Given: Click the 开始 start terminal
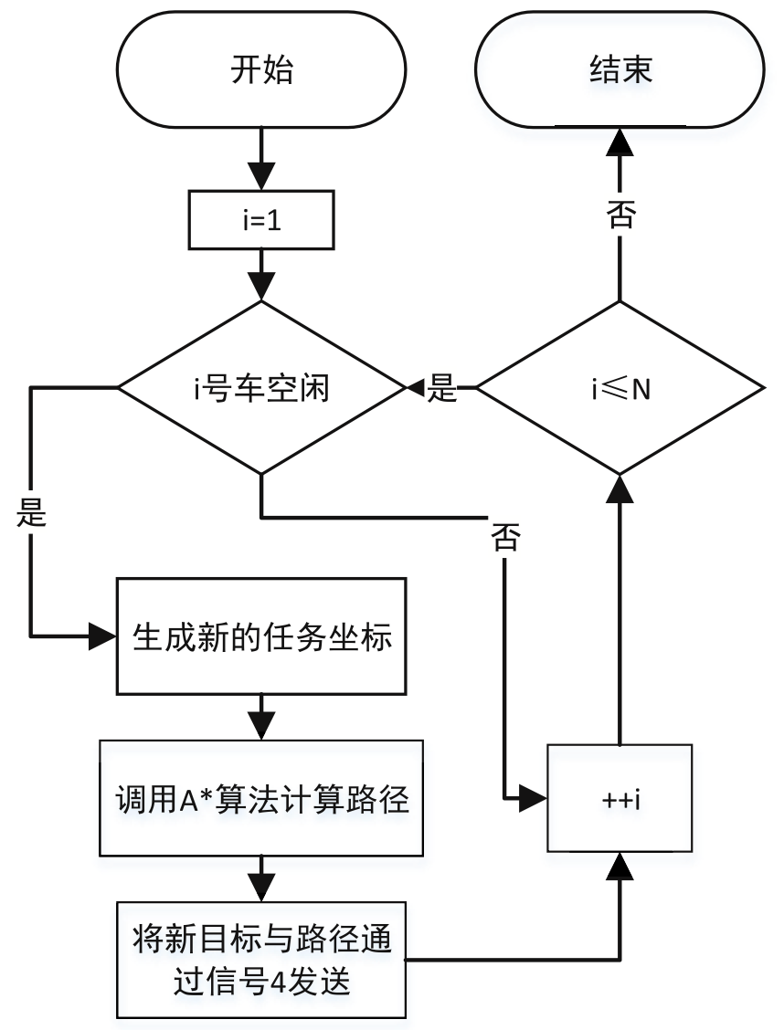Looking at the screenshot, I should (x=261, y=72).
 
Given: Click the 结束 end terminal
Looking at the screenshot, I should (x=620, y=72).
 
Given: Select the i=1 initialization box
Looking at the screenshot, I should (x=261, y=220).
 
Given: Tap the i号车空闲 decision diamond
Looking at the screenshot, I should (x=261, y=389).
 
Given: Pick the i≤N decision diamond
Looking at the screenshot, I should (x=620, y=389).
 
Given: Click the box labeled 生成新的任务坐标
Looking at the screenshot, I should (x=261, y=636).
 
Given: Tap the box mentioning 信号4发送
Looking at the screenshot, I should (x=261, y=959).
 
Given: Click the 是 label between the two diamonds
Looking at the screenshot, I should (x=443, y=390).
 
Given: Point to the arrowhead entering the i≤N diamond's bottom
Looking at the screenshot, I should (x=620, y=487).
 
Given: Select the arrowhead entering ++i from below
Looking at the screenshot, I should (x=620, y=865).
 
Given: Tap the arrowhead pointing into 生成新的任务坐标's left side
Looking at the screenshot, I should (x=102, y=636).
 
